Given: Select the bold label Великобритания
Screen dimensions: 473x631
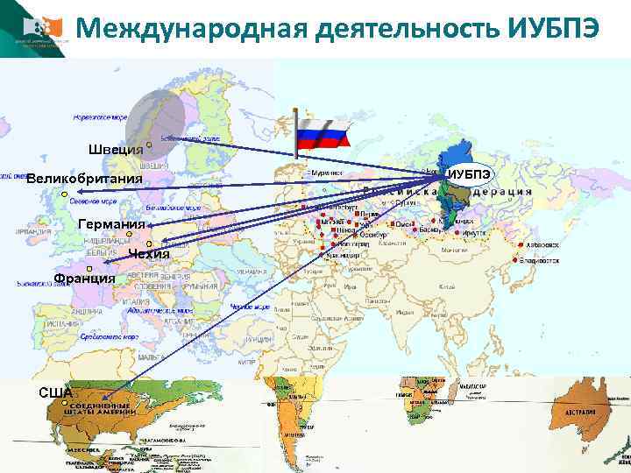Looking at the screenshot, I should point(84,180).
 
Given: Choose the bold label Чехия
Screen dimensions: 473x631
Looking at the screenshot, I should point(147,255).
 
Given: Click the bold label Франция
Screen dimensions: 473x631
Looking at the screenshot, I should point(84,279).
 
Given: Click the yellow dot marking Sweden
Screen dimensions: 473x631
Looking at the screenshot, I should point(150,144).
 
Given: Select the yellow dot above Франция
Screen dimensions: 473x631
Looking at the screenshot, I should point(90,268).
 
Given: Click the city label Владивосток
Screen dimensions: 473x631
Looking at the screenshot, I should point(538,261).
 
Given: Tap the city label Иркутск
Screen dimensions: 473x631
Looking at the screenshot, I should point(500,233).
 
